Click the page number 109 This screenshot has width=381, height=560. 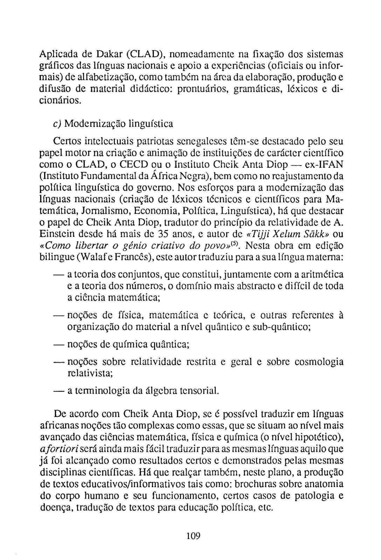click(x=193, y=535)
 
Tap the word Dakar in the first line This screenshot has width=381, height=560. click(x=105, y=55)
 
